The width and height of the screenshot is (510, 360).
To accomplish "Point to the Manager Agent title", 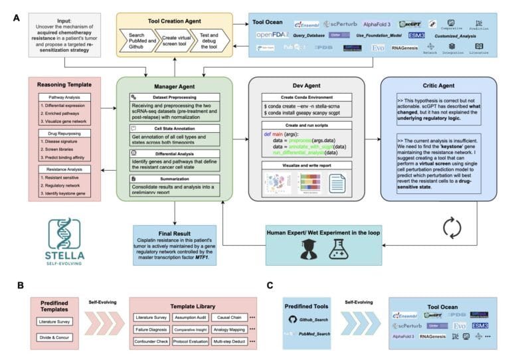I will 175,86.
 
